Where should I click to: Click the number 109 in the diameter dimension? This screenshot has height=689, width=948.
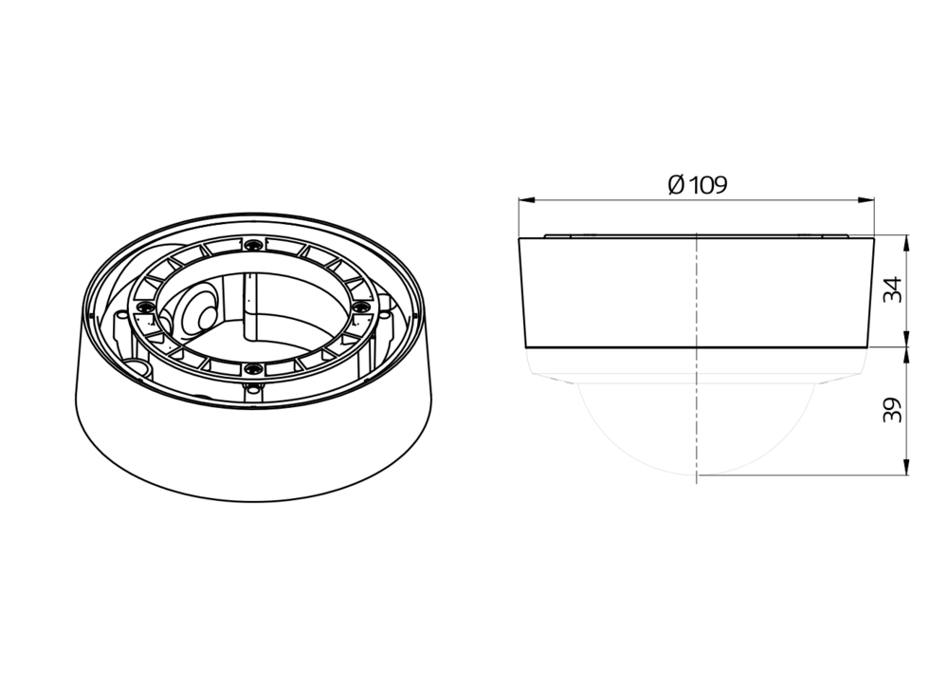tap(707, 185)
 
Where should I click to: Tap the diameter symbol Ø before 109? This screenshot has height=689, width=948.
tap(676, 185)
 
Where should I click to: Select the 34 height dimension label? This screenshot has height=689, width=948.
tap(893, 289)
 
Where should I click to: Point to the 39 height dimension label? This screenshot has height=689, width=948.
tap(893, 410)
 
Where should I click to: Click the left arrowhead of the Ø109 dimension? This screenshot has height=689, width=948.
tap(527, 199)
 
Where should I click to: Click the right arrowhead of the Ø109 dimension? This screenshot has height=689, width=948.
tap(866, 199)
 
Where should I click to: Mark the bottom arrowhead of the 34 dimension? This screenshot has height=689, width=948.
tap(905, 339)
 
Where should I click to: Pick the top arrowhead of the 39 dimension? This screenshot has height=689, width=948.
tap(905, 357)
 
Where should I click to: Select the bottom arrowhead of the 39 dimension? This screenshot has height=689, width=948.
tap(905, 466)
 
